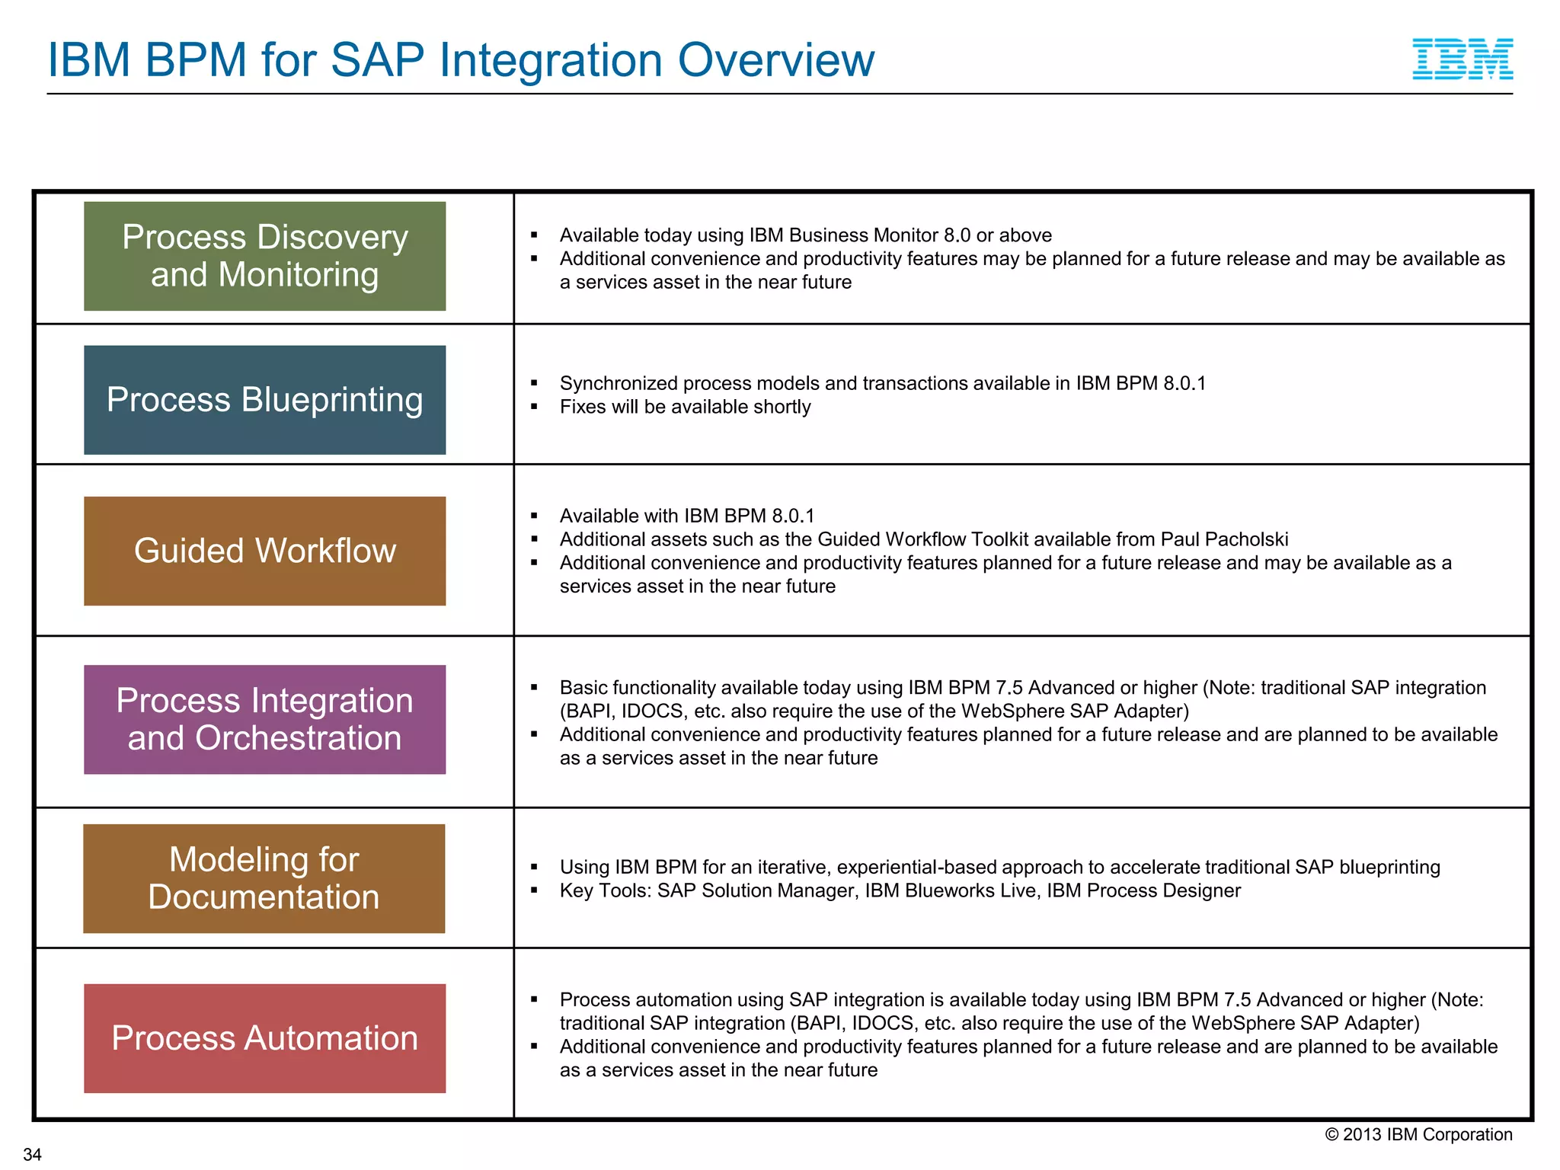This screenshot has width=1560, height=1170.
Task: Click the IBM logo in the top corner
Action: click(1462, 59)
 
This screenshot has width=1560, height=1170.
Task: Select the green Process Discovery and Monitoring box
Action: click(264, 256)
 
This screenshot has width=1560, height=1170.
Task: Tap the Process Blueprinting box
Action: click(264, 400)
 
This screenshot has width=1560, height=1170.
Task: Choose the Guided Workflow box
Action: click(264, 551)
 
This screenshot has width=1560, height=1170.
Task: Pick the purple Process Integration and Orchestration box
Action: click(264, 719)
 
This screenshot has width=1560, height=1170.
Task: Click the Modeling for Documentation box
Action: click(264, 878)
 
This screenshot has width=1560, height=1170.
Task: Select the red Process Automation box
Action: click(264, 1038)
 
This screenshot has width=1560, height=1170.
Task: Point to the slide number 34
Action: click(32, 1154)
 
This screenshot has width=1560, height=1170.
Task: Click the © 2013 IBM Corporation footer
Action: click(1418, 1134)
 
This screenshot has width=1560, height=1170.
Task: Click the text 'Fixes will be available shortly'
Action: click(685, 407)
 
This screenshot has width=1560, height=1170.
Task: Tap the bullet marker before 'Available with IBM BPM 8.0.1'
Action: click(535, 516)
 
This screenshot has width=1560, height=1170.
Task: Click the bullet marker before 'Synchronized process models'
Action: click(535, 383)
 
